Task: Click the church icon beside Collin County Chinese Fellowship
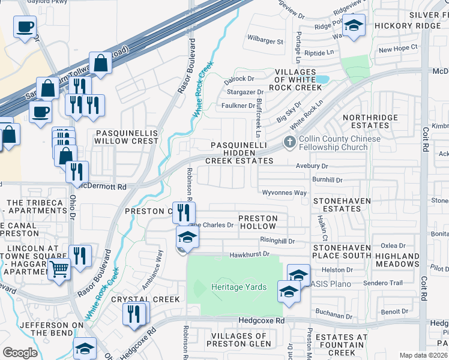click(x=290, y=142)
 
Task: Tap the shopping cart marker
click(x=58, y=269)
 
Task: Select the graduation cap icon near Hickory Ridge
click(x=354, y=26)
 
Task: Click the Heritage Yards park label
click(x=239, y=287)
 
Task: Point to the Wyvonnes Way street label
click(x=285, y=193)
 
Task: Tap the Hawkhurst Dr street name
click(x=248, y=255)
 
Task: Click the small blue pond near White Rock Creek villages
click(x=322, y=79)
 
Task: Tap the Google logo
click(x=20, y=352)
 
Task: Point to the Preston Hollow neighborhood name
click(x=258, y=222)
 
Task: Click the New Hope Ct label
click(x=397, y=49)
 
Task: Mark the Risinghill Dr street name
click(x=277, y=241)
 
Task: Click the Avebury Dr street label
click(x=312, y=166)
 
